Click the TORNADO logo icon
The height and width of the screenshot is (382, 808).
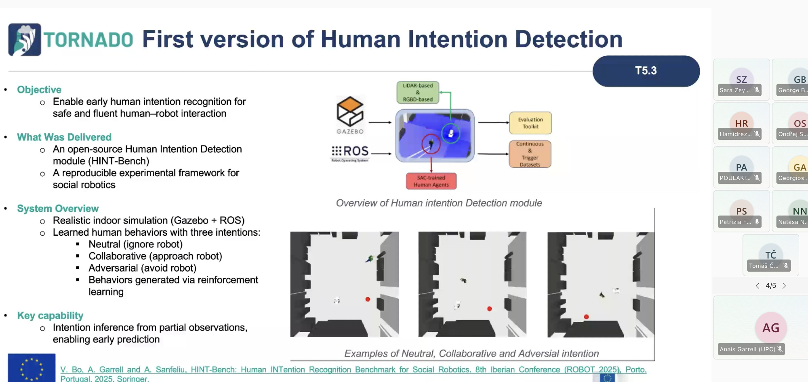[25, 40]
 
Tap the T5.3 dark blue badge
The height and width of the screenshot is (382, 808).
[646, 71]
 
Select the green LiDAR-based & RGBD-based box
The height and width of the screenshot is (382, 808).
[418, 93]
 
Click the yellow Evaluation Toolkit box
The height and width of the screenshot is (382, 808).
[530, 123]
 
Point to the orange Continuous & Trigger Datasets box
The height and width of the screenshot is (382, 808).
[530, 154]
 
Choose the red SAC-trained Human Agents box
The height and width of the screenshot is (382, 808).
[431, 181]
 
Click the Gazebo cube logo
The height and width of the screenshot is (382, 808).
[350, 112]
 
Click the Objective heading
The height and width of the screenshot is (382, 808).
[39, 90]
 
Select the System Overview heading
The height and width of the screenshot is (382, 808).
[58, 209]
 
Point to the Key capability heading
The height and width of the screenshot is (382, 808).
[50, 316]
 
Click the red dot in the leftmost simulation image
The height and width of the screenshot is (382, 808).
[368, 299]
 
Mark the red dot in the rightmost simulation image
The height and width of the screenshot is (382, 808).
[586, 317]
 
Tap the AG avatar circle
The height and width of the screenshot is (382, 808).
[770, 328]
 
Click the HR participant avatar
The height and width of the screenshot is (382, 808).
[741, 123]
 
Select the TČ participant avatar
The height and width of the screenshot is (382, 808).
[770, 254]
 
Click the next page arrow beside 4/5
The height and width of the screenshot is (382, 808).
[784, 286]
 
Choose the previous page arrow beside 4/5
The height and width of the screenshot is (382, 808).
[757, 286]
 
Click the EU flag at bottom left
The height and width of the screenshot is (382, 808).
[32, 368]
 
